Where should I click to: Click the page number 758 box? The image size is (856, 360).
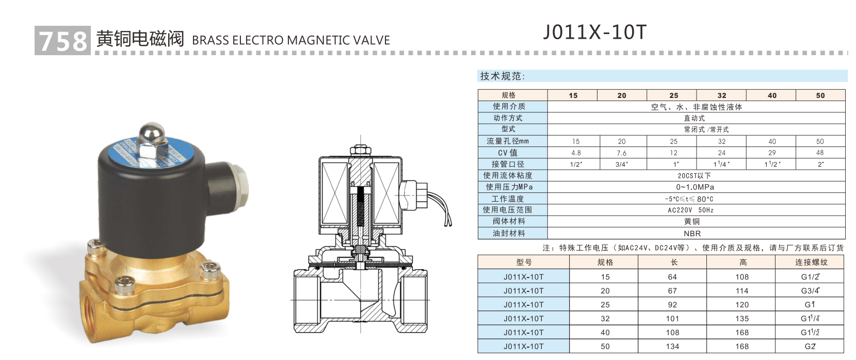pyautogui.click(x=62, y=40)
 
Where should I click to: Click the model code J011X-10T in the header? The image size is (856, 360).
pyautogui.click(x=594, y=32)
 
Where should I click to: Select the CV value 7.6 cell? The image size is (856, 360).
pyautogui.click(x=622, y=153)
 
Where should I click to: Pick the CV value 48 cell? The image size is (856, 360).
pyautogui.click(x=820, y=153)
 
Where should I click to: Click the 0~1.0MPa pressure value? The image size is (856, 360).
pyautogui.click(x=695, y=187)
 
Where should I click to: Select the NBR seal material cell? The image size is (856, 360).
pyautogui.click(x=692, y=234)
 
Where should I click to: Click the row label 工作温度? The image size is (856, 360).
pyautogui.click(x=508, y=199)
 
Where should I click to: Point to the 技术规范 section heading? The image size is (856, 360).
pyautogui.click(x=502, y=76)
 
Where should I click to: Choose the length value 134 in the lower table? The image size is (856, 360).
pyautogui.click(x=672, y=346)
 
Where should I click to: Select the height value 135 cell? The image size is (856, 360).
pyautogui.click(x=742, y=318)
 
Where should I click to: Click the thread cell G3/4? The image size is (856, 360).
pyautogui.click(x=810, y=290)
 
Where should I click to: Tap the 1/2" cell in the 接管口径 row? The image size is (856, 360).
pyautogui.click(x=576, y=165)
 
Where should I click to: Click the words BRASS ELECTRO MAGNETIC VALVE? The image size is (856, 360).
pyautogui.click(x=290, y=40)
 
